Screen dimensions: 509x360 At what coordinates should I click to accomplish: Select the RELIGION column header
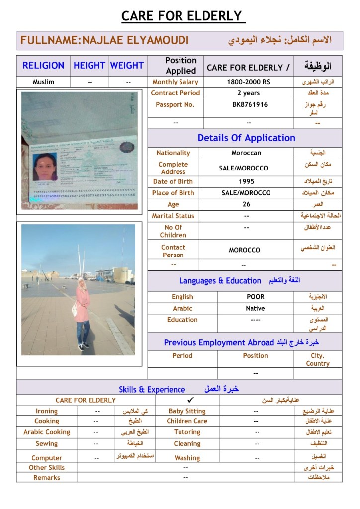click(43, 65)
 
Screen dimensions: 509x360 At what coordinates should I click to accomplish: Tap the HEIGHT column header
click(89, 65)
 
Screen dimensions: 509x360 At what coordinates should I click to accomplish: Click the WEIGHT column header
click(127, 65)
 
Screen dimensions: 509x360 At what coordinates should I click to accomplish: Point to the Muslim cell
click(43, 82)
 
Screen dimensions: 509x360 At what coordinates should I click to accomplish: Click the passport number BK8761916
click(250, 105)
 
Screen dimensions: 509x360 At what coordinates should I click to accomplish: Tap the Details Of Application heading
click(246, 138)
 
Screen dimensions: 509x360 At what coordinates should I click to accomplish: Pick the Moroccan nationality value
click(246, 153)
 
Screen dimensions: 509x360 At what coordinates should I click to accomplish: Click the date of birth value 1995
click(246, 181)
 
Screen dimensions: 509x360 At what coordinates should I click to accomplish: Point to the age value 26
click(246, 204)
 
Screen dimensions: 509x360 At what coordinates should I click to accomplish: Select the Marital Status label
click(173, 216)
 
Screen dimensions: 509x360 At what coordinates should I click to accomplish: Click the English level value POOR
click(255, 297)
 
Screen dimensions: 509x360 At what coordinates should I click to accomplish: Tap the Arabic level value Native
click(255, 308)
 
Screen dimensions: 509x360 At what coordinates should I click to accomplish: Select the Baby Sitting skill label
click(187, 411)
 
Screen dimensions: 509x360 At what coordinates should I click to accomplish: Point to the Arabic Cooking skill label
click(47, 432)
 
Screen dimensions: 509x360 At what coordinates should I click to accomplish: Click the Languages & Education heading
click(220, 281)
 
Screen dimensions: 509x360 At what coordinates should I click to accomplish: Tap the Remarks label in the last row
click(47, 478)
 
